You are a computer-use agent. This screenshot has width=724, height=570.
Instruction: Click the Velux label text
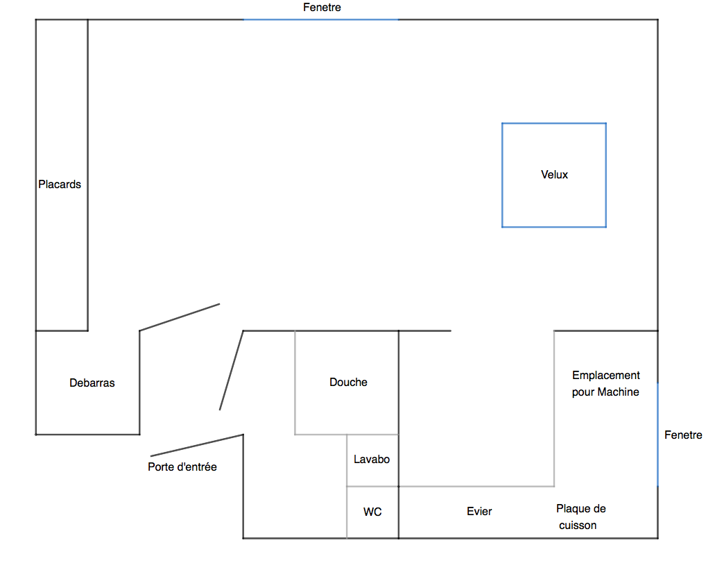[554, 175]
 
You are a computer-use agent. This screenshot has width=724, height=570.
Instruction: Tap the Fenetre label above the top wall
[322, 8]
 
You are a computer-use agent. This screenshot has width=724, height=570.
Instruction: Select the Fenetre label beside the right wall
[683, 435]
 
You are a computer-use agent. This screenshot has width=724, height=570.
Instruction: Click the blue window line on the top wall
[320, 19]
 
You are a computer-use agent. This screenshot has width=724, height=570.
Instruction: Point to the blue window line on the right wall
[657, 435]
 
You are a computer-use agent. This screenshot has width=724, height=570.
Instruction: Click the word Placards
[60, 185]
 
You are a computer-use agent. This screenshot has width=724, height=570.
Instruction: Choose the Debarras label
[92, 383]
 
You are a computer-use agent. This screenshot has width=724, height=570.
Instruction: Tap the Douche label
[348, 383]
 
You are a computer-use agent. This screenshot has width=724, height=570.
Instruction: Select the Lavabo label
[372, 460]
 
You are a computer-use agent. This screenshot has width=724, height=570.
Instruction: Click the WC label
[372, 512]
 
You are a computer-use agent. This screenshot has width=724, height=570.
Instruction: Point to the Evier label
[479, 511]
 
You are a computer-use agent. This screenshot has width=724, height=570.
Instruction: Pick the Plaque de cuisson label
[580, 517]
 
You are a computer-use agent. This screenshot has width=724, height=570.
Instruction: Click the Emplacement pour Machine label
[606, 384]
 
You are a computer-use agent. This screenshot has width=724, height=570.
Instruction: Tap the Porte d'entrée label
[182, 467]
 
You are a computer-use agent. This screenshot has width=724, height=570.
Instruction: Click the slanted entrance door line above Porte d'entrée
[197, 445]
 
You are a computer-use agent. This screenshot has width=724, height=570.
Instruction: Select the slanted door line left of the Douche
[232, 370]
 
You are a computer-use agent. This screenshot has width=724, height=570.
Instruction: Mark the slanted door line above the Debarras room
[180, 317]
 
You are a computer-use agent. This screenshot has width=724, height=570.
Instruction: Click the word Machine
[619, 392]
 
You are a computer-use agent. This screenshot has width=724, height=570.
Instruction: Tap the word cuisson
[578, 526]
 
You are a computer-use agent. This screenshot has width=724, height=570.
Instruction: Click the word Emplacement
[606, 376]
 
